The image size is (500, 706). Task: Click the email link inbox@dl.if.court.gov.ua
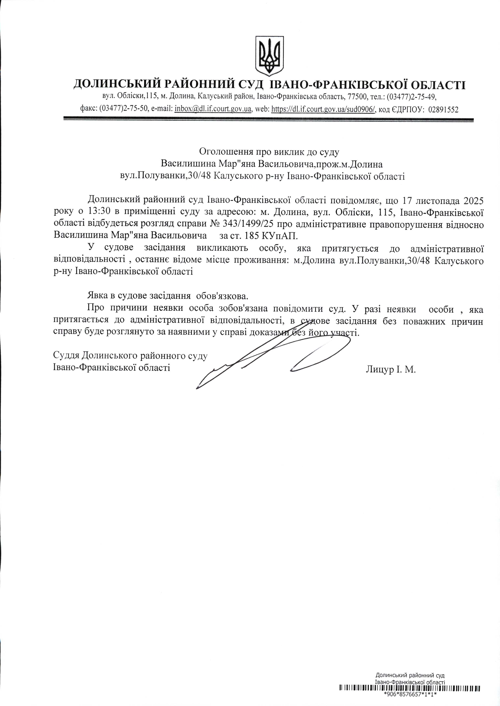pyautogui.click(x=213, y=109)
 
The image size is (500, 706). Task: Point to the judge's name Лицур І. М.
pyautogui.click(x=391, y=369)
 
